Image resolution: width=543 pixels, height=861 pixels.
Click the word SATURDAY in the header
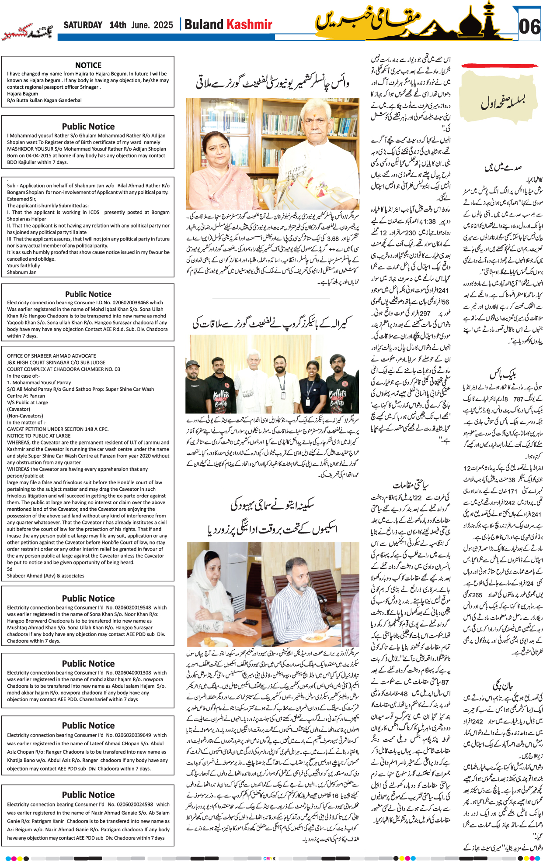(83, 25)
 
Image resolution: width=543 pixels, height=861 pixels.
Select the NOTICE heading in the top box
(88, 65)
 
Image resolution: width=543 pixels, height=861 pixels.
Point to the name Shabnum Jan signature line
(22, 272)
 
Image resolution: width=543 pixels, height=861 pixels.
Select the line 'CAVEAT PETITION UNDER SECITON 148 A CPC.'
(58, 429)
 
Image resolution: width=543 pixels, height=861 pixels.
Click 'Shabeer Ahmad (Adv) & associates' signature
(46, 575)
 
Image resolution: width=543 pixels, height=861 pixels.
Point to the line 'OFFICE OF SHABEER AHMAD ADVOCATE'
(52, 356)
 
